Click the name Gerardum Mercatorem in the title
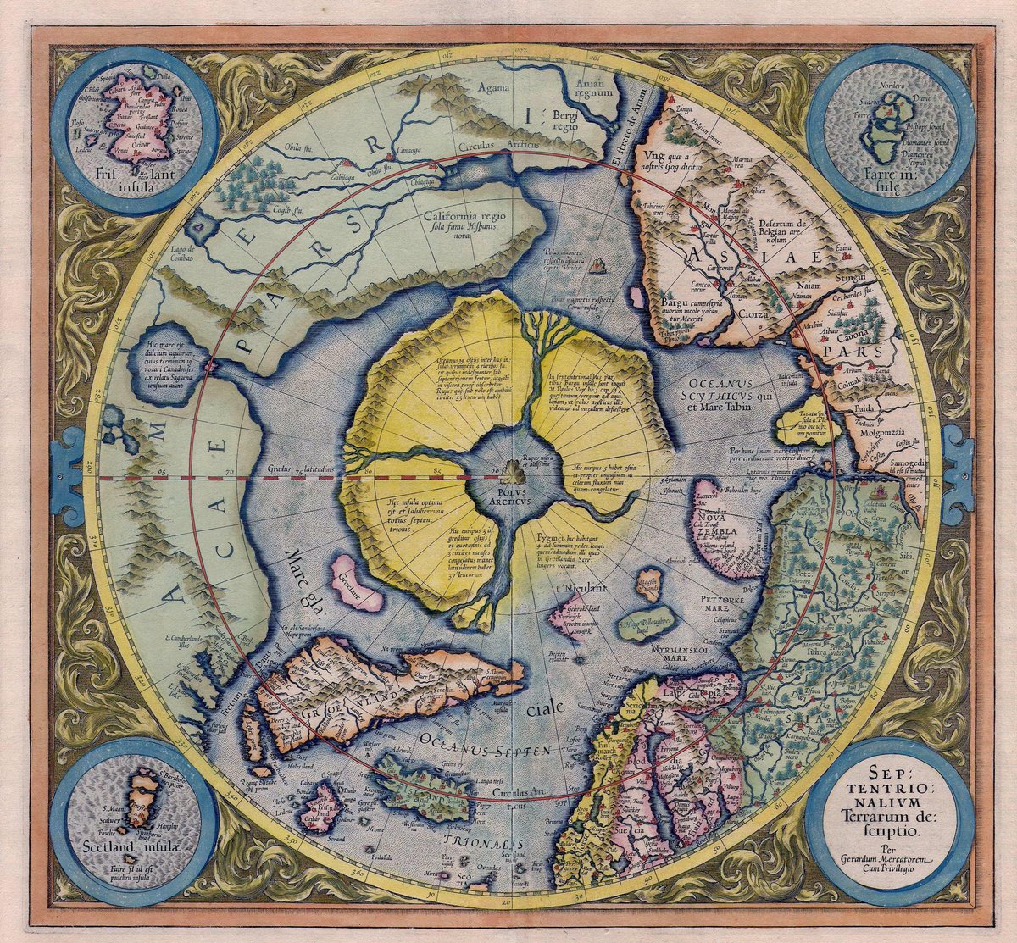click(889, 859)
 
